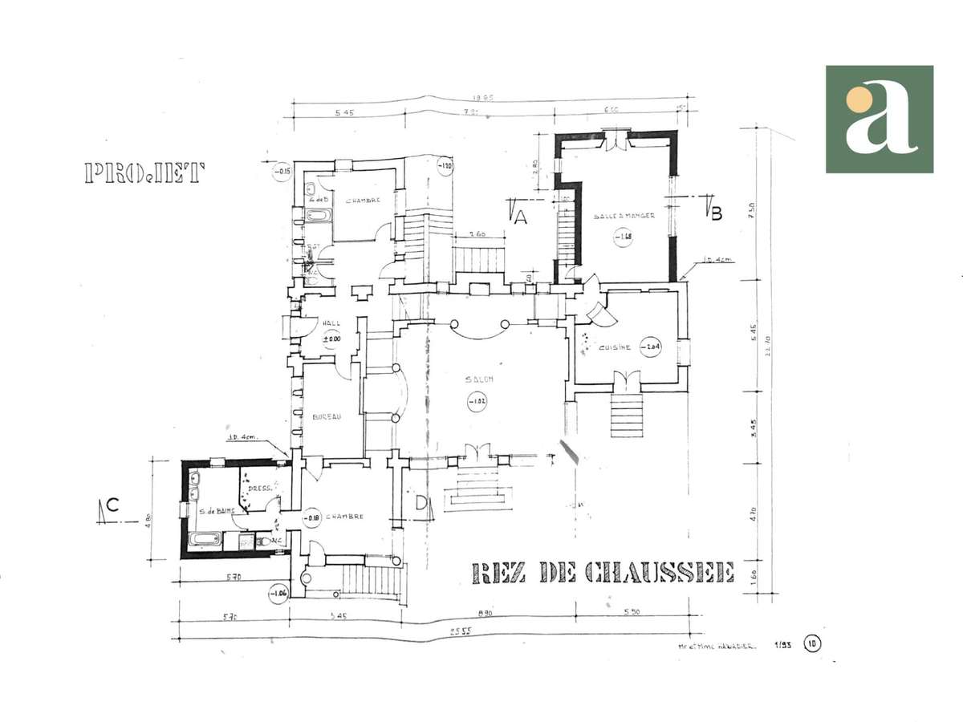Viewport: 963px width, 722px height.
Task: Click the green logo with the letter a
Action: (880, 120)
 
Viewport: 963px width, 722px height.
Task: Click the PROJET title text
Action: (145, 173)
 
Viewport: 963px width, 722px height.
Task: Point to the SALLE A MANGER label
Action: (624, 216)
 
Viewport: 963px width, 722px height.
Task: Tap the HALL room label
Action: (331, 323)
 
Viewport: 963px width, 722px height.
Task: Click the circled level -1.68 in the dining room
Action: (623, 237)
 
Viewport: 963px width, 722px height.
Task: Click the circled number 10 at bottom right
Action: (813, 643)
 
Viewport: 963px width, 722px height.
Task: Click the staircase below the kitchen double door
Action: (628, 409)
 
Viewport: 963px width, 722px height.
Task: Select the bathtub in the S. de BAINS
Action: (205, 541)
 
